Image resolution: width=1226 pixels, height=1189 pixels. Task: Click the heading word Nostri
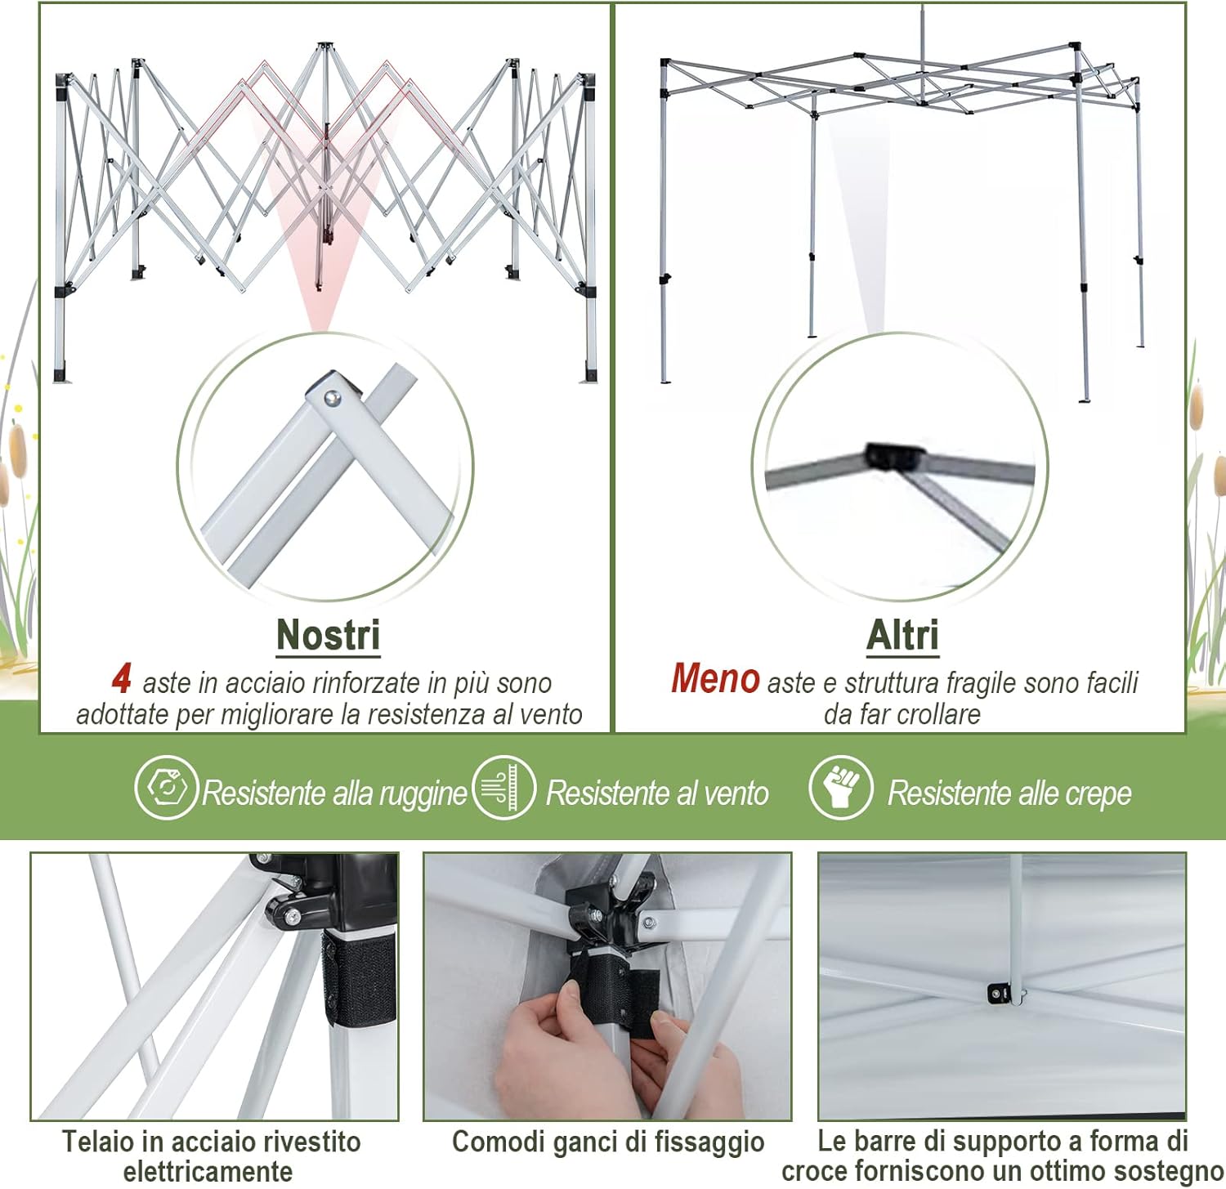tap(328, 635)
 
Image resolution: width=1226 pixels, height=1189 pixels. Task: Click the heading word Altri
tap(902, 635)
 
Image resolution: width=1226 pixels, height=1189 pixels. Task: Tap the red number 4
tap(122, 678)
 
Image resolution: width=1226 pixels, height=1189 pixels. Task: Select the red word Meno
tap(715, 678)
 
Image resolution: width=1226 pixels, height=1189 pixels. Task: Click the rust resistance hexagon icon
tap(166, 788)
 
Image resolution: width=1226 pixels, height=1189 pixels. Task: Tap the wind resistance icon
tap(503, 788)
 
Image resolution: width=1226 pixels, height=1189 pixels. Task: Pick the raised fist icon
tap(840, 788)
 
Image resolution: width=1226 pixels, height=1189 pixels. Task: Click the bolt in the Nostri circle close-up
tap(331, 398)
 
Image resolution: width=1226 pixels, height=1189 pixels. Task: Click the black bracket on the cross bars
tap(998, 993)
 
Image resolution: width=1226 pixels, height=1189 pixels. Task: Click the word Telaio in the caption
tap(92, 1142)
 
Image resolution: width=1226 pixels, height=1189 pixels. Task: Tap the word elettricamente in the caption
tap(208, 1171)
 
